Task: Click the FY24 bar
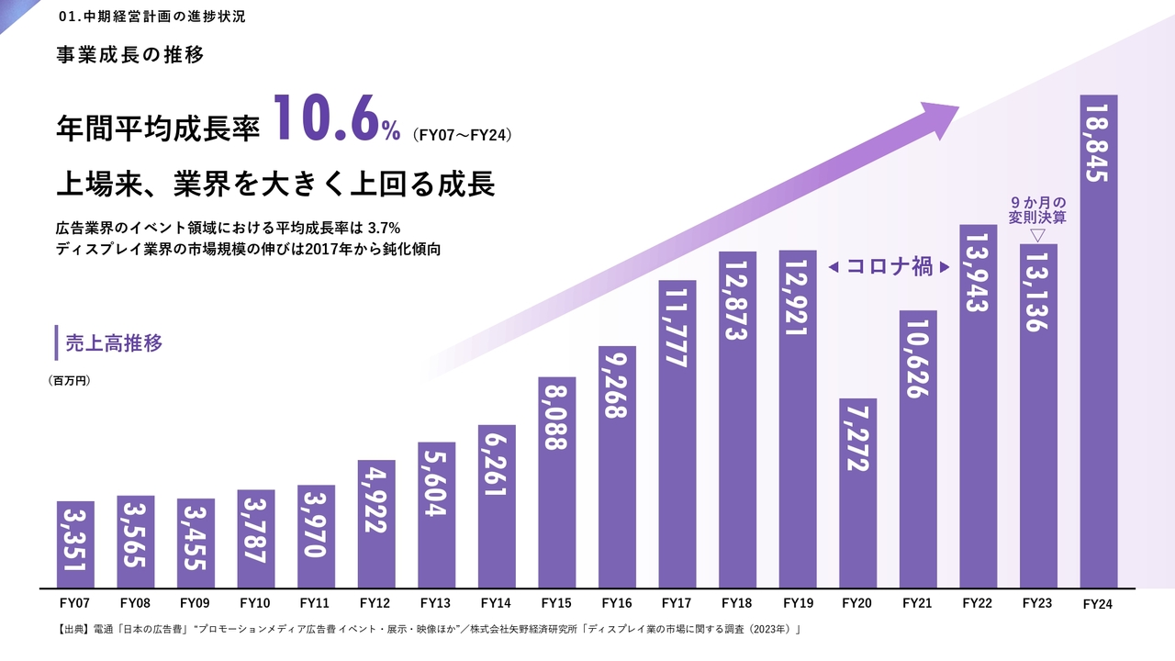pos(1099,341)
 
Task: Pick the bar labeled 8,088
pos(557,482)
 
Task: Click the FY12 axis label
pos(376,603)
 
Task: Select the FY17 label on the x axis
pos(677,603)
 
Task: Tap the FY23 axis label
pos(1037,603)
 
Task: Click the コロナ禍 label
pos(889,267)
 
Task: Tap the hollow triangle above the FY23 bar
pos(1037,236)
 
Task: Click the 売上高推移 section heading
pos(114,343)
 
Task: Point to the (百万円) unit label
pos(70,379)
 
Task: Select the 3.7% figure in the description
pos(382,227)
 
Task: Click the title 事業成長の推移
pos(129,54)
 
